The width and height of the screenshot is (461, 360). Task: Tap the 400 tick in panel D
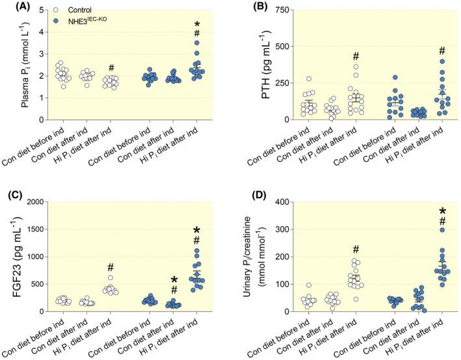(x=270, y=202)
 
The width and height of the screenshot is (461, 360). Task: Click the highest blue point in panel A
(x=197, y=43)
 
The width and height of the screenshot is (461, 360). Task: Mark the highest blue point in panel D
(x=431, y=229)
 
